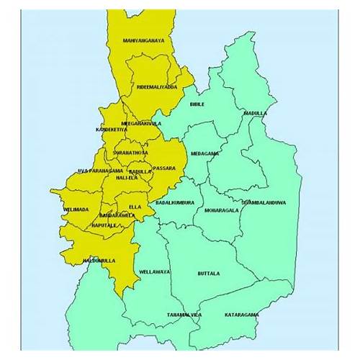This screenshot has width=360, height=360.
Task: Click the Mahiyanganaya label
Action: (x=143, y=40)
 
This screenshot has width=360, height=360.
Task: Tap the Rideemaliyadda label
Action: (x=157, y=87)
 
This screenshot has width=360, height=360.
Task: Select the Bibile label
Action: (x=197, y=104)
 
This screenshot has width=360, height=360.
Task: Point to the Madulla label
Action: (x=255, y=113)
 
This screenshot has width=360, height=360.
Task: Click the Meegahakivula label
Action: (x=141, y=124)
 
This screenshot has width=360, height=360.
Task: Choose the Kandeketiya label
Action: (x=111, y=130)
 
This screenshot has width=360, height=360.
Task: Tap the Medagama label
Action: (x=205, y=153)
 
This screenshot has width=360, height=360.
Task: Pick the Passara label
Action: (x=164, y=168)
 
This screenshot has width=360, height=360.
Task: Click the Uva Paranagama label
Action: (x=100, y=171)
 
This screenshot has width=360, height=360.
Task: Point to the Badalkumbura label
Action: (x=175, y=203)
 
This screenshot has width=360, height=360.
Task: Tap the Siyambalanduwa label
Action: (x=263, y=203)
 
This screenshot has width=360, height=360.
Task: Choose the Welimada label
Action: (x=76, y=210)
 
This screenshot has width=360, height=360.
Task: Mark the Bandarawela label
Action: (x=117, y=215)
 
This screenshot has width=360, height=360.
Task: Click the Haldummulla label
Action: (x=99, y=259)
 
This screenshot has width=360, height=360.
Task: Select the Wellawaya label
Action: (x=156, y=272)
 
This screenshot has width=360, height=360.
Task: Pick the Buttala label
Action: (x=208, y=274)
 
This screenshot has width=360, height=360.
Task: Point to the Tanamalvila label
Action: (x=184, y=315)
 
